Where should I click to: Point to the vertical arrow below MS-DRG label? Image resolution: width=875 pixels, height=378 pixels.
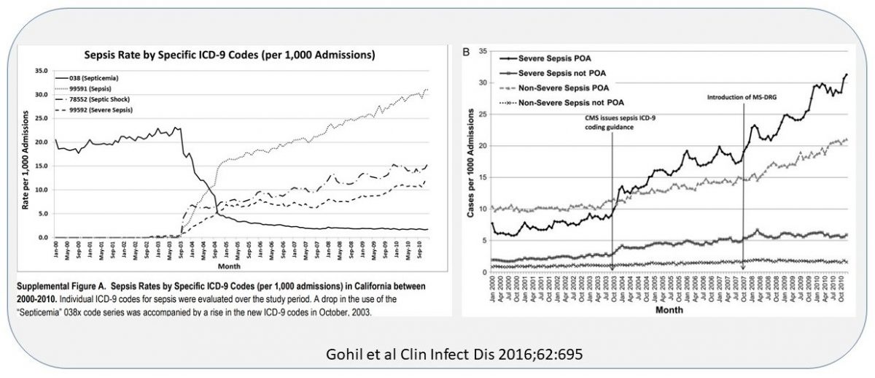[744, 182]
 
